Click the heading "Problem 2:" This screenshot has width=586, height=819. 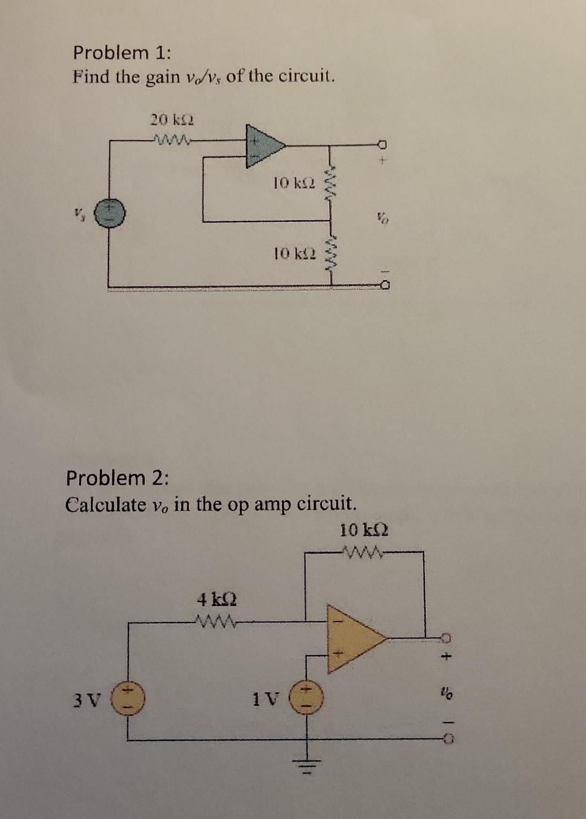click(x=117, y=478)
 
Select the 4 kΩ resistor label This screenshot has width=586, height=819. click(x=216, y=600)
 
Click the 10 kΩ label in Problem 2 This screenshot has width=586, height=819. click(x=364, y=529)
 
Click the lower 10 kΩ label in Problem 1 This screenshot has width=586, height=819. click(x=293, y=253)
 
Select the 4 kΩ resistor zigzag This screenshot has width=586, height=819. click(x=216, y=620)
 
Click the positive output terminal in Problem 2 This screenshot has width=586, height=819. click(x=444, y=637)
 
